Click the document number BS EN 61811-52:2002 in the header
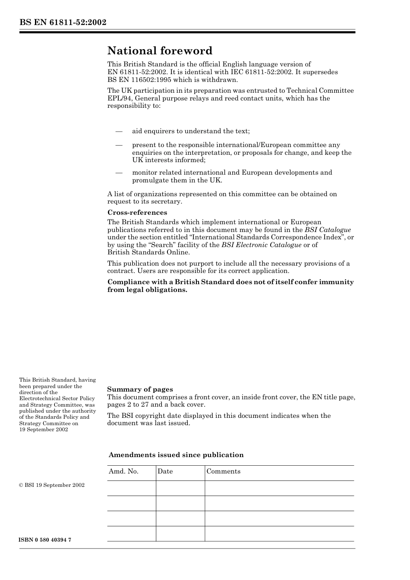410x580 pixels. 63,22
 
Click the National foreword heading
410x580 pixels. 160,51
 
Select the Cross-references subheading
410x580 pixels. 137,213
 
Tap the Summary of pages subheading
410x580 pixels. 140,389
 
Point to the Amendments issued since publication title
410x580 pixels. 176,455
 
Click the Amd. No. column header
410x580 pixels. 123,471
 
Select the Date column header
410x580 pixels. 165,471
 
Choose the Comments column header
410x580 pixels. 223,471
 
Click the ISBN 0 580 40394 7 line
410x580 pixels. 45,540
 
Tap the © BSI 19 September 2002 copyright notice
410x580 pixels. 52,485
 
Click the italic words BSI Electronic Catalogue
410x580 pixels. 261,245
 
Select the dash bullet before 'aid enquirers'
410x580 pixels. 119,131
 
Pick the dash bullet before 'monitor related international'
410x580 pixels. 119,172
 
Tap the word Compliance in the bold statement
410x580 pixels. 127,282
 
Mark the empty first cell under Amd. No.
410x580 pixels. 131,488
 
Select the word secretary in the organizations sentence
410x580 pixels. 167,201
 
